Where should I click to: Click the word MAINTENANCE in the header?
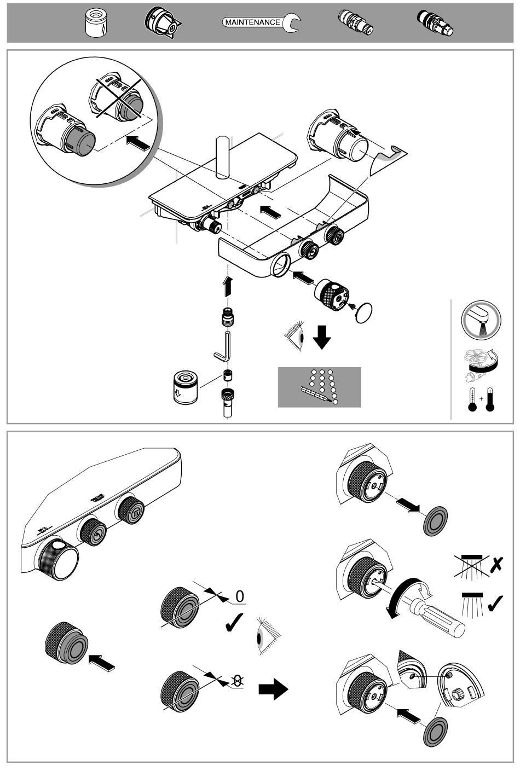[252, 22]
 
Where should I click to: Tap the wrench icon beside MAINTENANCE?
[292, 22]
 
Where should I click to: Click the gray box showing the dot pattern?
[319, 387]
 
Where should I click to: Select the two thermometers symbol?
[481, 399]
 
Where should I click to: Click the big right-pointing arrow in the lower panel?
[273, 689]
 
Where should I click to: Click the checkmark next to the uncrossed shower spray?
[495, 603]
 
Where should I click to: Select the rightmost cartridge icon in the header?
[436, 24]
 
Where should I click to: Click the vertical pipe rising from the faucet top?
[223, 158]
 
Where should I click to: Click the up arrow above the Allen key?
[228, 286]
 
